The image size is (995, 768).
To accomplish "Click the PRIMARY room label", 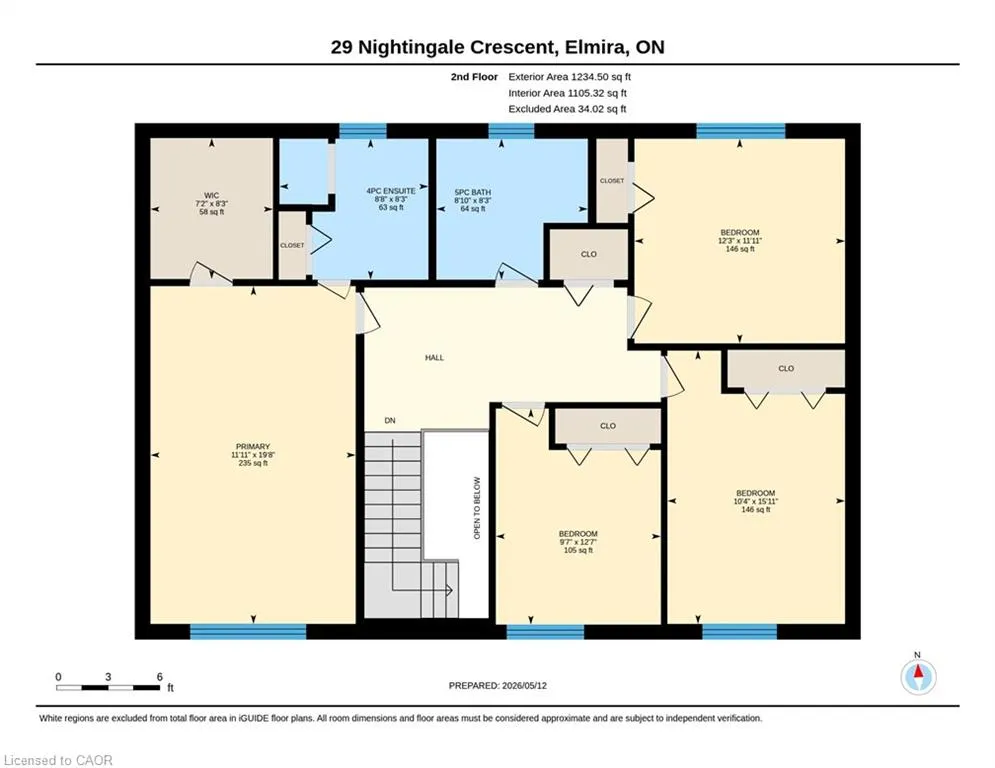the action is [x=253, y=446].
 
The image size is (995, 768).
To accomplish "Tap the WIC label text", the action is [x=211, y=195].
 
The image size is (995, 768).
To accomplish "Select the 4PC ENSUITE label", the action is [x=391, y=190].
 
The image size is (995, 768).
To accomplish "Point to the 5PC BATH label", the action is [x=473, y=192].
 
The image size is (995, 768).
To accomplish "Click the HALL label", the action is [x=435, y=358].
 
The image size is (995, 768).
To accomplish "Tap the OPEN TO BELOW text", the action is [x=477, y=508].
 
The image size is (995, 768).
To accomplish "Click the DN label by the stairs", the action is [x=390, y=421].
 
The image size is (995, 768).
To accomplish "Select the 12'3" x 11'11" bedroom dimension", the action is [x=740, y=241].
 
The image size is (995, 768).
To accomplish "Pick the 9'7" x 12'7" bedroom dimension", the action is [x=578, y=542].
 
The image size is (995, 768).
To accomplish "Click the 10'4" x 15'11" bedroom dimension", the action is [x=756, y=501].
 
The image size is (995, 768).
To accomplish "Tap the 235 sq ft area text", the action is [x=253, y=463].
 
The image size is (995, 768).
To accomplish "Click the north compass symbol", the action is [x=918, y=677].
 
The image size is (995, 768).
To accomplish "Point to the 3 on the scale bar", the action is [x=109, y=677].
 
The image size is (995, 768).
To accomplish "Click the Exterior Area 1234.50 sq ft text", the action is [x=569, y=77].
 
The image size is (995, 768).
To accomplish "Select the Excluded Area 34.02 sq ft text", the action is [x=567, y=109].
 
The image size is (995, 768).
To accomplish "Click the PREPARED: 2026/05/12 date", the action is [x=498, y=685].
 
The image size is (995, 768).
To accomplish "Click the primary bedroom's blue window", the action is [x=248, y=632].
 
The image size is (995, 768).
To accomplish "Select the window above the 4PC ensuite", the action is [x=363, y=131].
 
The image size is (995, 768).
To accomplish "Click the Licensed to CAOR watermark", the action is [x=58, y=760].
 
